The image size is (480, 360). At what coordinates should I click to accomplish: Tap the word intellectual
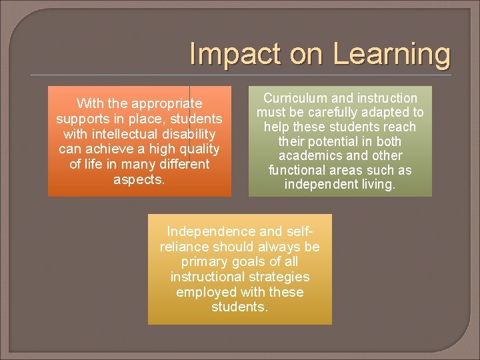119,134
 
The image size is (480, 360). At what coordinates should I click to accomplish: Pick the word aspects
139,179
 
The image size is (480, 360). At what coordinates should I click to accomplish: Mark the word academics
311,155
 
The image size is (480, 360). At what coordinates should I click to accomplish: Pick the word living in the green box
375,185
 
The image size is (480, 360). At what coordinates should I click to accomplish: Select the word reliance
184,247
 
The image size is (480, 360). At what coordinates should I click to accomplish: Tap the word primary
203,261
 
